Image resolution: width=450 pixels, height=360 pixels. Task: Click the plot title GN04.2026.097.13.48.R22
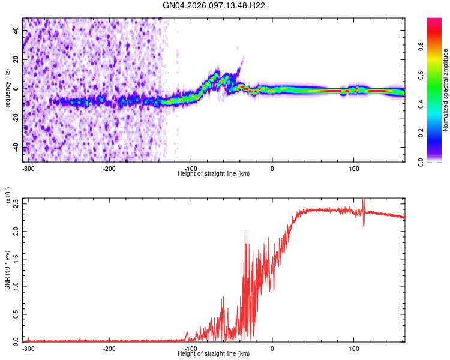point(214,5)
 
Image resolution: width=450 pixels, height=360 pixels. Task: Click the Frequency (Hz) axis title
point(7,89)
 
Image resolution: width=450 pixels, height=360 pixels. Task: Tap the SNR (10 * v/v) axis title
point(7,268)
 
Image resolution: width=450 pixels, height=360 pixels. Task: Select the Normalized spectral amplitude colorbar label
point(446,89)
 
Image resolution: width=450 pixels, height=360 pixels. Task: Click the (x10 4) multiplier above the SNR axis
point(8,195)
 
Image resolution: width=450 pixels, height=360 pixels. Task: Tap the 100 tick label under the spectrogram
point(353,168)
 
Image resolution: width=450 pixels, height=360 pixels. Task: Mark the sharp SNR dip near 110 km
point(364,226)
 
